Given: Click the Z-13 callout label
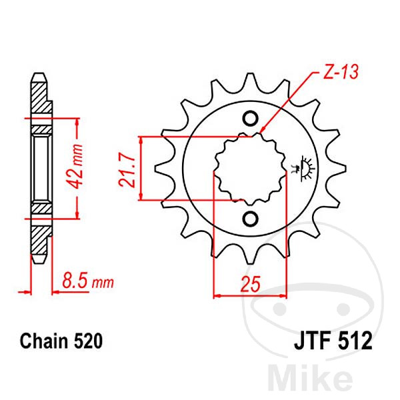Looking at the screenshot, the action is [x=341, y=72].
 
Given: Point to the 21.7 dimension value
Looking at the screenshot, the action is [x=127, y=169].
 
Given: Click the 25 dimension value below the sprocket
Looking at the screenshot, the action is [x=251, y=284].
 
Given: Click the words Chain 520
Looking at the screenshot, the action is [x=61, y=341].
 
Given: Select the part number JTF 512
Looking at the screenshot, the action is [x=333, y=341].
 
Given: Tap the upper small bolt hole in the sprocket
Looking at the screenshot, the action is [x=250, y=119].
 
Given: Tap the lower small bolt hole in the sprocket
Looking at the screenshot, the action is [x=250, y=219].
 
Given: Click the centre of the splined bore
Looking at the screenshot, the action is [x=250, y=169].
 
